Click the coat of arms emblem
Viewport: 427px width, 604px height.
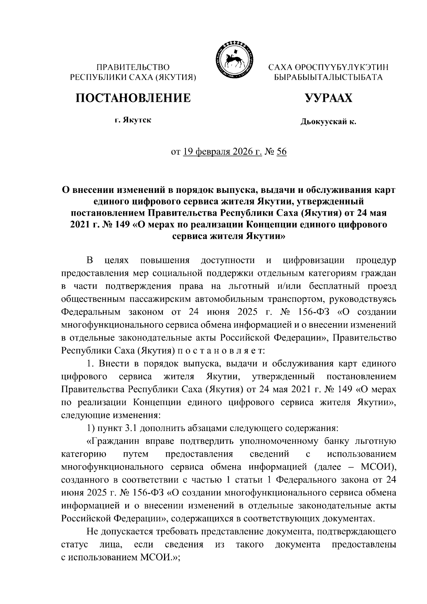coord(233,59)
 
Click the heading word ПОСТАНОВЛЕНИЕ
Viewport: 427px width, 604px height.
coord(133,98)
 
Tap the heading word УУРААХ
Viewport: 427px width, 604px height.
coord(328,98)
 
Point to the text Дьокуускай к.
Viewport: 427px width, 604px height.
coord(328,122)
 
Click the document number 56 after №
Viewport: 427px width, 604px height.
coord(281,152)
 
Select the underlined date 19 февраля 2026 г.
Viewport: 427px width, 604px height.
coord(222,152)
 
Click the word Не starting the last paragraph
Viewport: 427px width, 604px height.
coord(92,532)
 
